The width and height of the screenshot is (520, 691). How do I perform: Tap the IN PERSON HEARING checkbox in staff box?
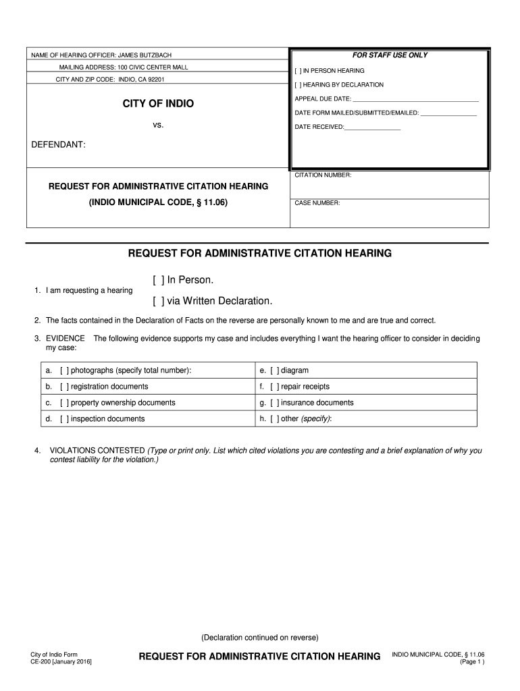tap(298, 71)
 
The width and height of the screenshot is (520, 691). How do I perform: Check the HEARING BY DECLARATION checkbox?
tap(298, 85)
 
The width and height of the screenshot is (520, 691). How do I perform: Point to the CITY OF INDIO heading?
tap(157, 103)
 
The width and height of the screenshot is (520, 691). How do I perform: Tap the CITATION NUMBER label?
tap(323, 175)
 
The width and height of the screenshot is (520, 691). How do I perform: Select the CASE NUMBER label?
tap(317, 202)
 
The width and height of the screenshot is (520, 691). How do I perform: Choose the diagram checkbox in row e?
tap(275, 370)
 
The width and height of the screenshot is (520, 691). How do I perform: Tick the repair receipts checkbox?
tap(275, 387)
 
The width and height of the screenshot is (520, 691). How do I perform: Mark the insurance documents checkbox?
tap(275, 403)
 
